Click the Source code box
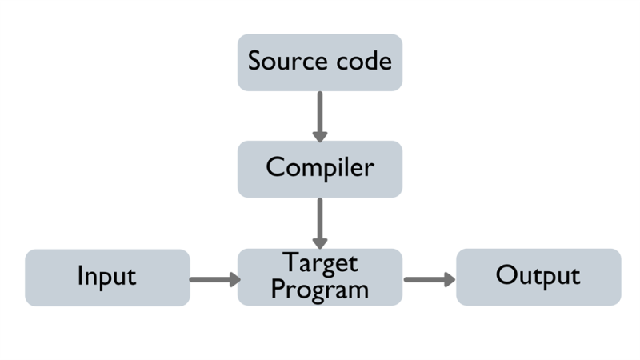tap(319, 62)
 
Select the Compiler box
tap(319, 169)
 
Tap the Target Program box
tap(319, 277)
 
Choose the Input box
tap(107, 277)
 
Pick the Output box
tap(538, 277)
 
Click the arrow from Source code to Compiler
tap(320, 115)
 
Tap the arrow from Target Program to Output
tap(429, 279)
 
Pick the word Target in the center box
tap(320, 263)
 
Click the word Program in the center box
tap(320, 289)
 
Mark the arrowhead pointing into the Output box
tap(448, 279)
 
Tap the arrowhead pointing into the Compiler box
tap(320, 134)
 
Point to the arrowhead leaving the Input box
tap(233, 279)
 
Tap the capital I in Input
tap(80, 276)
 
